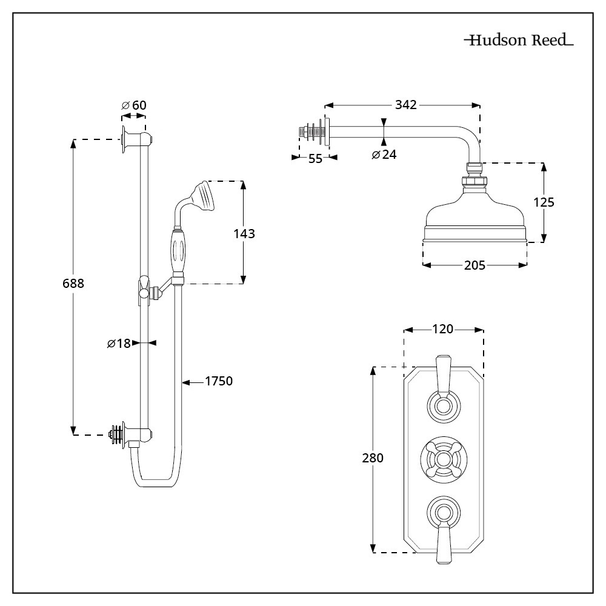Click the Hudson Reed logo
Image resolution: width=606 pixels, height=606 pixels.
pyautogui.click(x=518, y=41)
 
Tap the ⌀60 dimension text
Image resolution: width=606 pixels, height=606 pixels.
pyautogui.click(x=134, y=105)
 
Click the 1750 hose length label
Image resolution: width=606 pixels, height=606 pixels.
pyautogui.click(x=219, y=381)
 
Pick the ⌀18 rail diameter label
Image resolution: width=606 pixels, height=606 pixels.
pyautogui.click(x=119, y=344)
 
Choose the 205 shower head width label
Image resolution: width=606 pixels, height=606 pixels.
pyautogui.click(x=474, y=265)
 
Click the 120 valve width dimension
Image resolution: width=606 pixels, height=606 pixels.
pyautogui.click(x=443, y=329)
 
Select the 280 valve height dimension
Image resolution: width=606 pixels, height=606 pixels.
pyautogui.click(x=373, y=458)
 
